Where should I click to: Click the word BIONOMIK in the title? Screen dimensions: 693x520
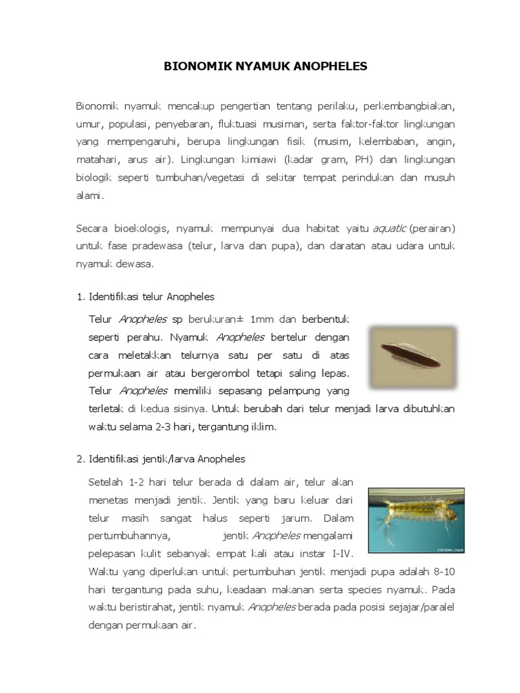191,66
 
